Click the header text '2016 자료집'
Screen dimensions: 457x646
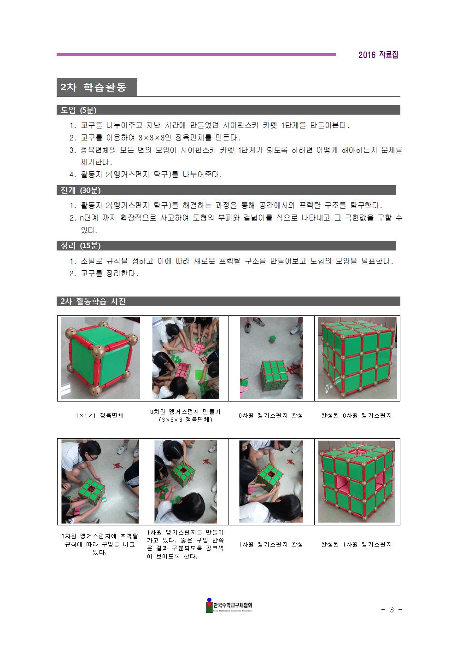[x=378, y=55]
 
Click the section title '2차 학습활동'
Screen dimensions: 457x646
[x=94, y=87]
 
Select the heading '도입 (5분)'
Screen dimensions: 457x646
[x=78, y=110]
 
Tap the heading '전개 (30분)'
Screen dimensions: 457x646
[x=81, y=190]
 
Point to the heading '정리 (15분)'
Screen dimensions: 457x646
[x=81, y=246]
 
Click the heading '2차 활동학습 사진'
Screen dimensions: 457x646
[x=93, y=302]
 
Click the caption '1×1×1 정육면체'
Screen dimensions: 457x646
[x=100, y=416]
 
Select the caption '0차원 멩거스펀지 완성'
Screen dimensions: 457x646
[x=270, y=416]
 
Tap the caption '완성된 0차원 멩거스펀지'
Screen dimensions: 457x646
[x=357, y=416]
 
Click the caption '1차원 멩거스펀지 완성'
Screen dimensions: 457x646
[x=270, y=545]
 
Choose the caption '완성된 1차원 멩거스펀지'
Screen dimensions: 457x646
[x=357, y=545]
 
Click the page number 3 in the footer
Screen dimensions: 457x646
[x=392, y=609]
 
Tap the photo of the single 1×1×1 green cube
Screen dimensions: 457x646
[x=100, y=358]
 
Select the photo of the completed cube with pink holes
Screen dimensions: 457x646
[x=357, y=481]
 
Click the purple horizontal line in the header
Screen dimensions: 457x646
[x=196, y=54]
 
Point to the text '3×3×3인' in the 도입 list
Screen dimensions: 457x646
[x=155, y=138]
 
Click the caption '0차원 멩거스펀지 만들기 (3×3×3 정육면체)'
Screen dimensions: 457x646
[x=186, y=416]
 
